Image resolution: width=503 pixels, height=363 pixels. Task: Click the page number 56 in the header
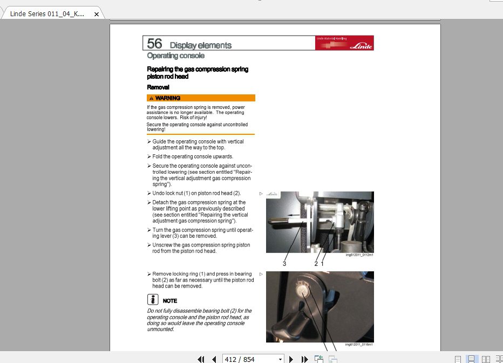click(x=154, y=44)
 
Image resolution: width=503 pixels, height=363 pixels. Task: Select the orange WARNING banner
click(x=201, y=98)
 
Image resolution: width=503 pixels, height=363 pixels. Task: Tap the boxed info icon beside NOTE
click(x=153, y=300)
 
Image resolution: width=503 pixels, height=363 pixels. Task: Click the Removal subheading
click(x=158, y=87)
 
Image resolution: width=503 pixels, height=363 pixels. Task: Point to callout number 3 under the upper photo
click(x=284, y=264)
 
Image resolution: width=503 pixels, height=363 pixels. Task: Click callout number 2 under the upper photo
click(x=316, y=264)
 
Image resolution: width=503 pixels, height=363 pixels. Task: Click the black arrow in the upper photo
click(x=294, y=215)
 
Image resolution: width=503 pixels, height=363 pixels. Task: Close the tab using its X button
click(x=97, y=14)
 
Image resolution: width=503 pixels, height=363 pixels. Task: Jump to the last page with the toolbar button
click(x=304, y=359)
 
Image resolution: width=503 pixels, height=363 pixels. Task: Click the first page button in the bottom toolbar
click(x=201, y=359)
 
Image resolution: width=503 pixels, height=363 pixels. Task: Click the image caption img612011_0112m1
click(x=359, y=255)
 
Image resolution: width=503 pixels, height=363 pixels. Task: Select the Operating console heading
click(x=176, y=56)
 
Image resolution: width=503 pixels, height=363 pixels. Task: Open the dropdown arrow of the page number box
click(x=280, y=359)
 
